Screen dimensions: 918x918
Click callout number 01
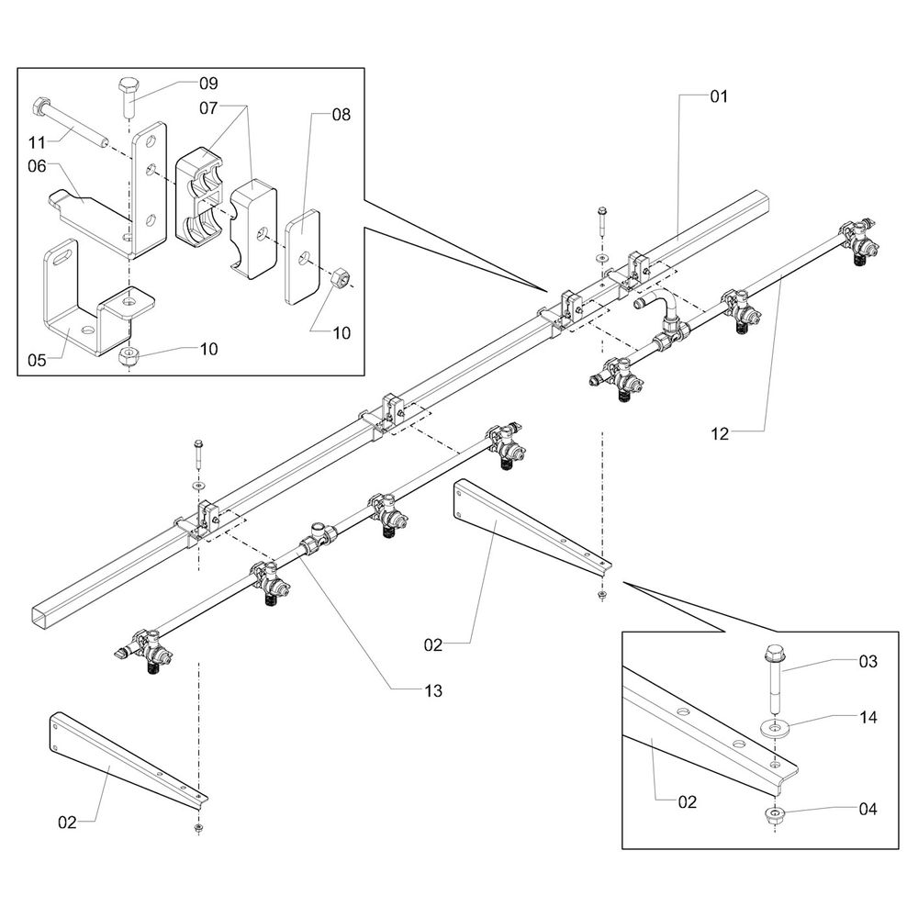click(718, 95)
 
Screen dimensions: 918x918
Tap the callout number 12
click(719, 434)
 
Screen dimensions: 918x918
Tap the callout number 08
click(341, 115)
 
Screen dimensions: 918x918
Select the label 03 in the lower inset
click(868, 661)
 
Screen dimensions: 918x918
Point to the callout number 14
click(868, 718)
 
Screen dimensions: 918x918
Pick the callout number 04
click(868, 809)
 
